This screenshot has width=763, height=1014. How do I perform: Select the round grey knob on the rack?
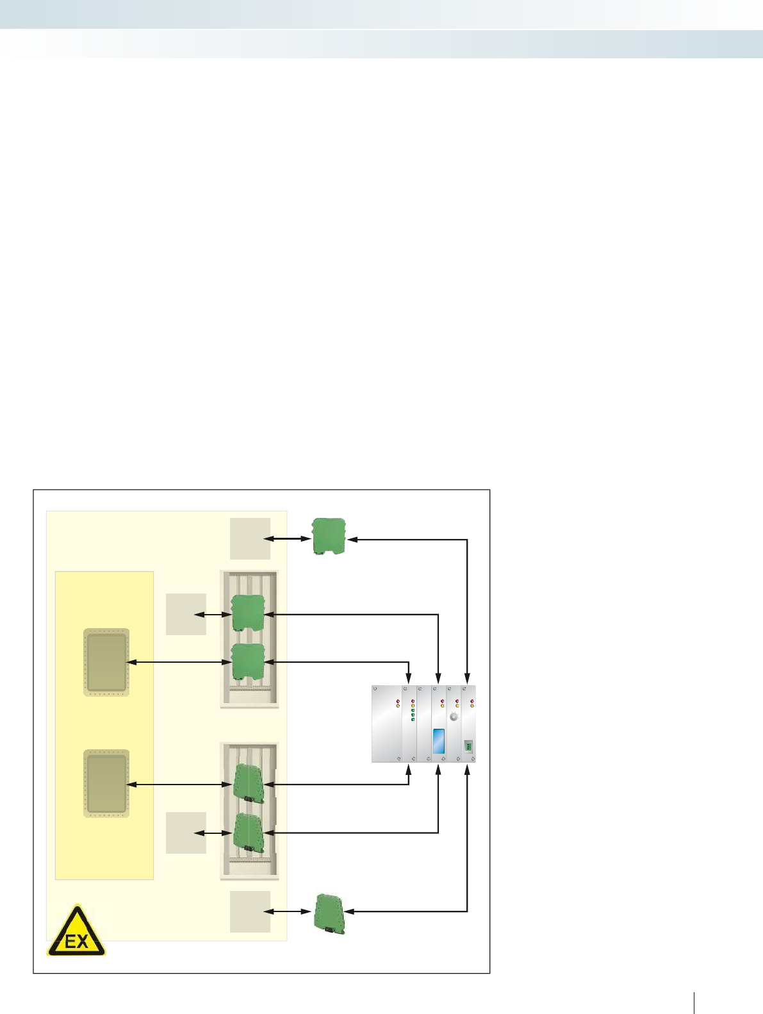[454, 717]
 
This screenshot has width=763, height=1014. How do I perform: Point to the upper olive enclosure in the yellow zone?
[107, 662]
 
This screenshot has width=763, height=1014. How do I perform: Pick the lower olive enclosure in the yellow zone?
[107, 783]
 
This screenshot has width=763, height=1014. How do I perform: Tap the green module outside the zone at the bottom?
[329, 911]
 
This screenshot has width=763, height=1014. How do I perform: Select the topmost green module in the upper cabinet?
[247, 613]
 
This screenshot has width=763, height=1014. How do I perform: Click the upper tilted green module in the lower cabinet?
[249, 783]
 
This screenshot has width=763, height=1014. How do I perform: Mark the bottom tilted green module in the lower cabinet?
[249, 832]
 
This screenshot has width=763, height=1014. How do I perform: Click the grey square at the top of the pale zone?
[250, 538]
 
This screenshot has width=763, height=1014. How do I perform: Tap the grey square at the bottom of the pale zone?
[250, 911]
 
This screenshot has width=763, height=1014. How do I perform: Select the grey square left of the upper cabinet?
[186, 614]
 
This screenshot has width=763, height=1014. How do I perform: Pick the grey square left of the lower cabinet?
[186, 833]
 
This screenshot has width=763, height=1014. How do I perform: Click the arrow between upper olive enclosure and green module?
[179, 662]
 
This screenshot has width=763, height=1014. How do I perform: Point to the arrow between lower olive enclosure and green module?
[179, 784]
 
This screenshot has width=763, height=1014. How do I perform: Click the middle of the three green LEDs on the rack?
[413, 715]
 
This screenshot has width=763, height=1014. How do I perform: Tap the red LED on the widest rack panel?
[398, 702]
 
